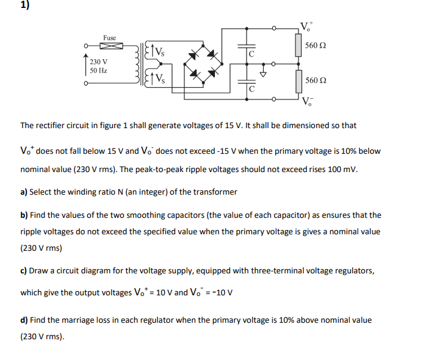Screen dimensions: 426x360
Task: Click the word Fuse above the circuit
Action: pos(110,38)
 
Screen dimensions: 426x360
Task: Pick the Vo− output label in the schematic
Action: pos(306,101)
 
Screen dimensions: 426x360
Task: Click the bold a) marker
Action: pos(24,192)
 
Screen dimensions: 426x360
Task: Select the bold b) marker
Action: pos(24,215)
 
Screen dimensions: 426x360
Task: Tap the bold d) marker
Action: pos(24,320)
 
